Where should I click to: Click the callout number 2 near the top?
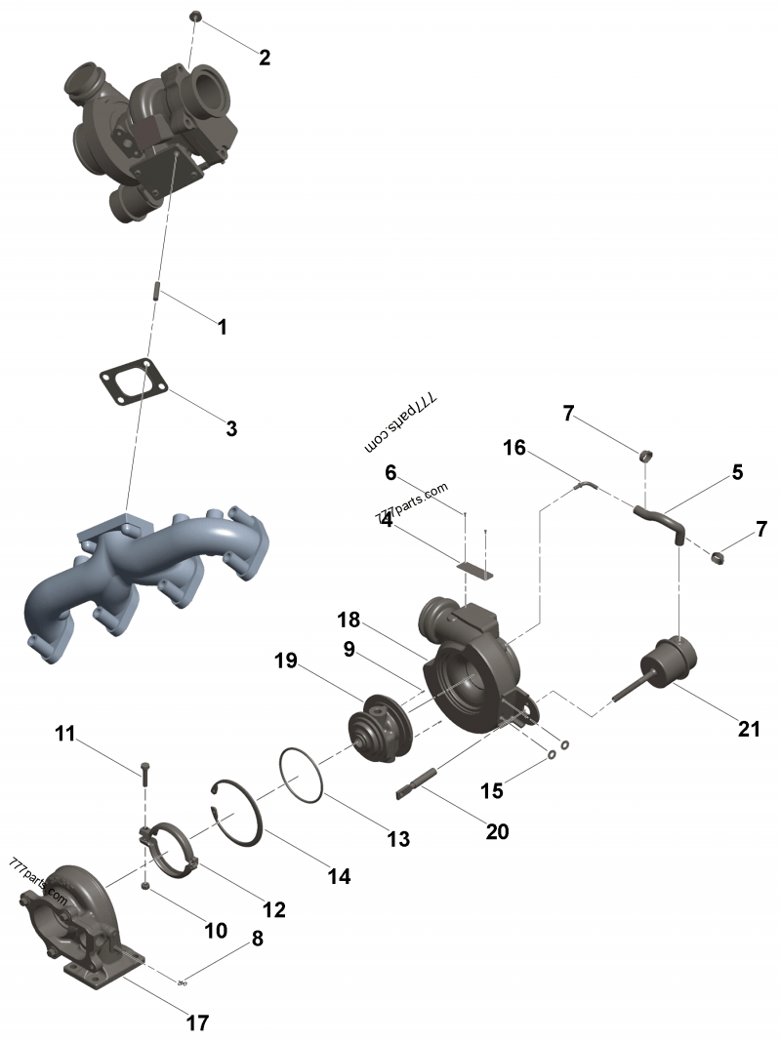pyautogui.click(x=265, y=58)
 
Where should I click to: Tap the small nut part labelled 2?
pyautogui.click(x=194, y=16)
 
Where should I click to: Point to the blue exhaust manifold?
pyautogui.click(x=146, y=576)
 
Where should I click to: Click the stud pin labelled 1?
pyautogui.click(x=156, y=291)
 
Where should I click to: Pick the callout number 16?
pyautogui.click(x=514, y=448)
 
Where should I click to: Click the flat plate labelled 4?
pyautogui.click(x=476, y=569)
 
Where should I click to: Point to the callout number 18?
pyautogui.click(x=349, y=621)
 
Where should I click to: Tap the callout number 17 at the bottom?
pyautogui.click(x=197, y=1022)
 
